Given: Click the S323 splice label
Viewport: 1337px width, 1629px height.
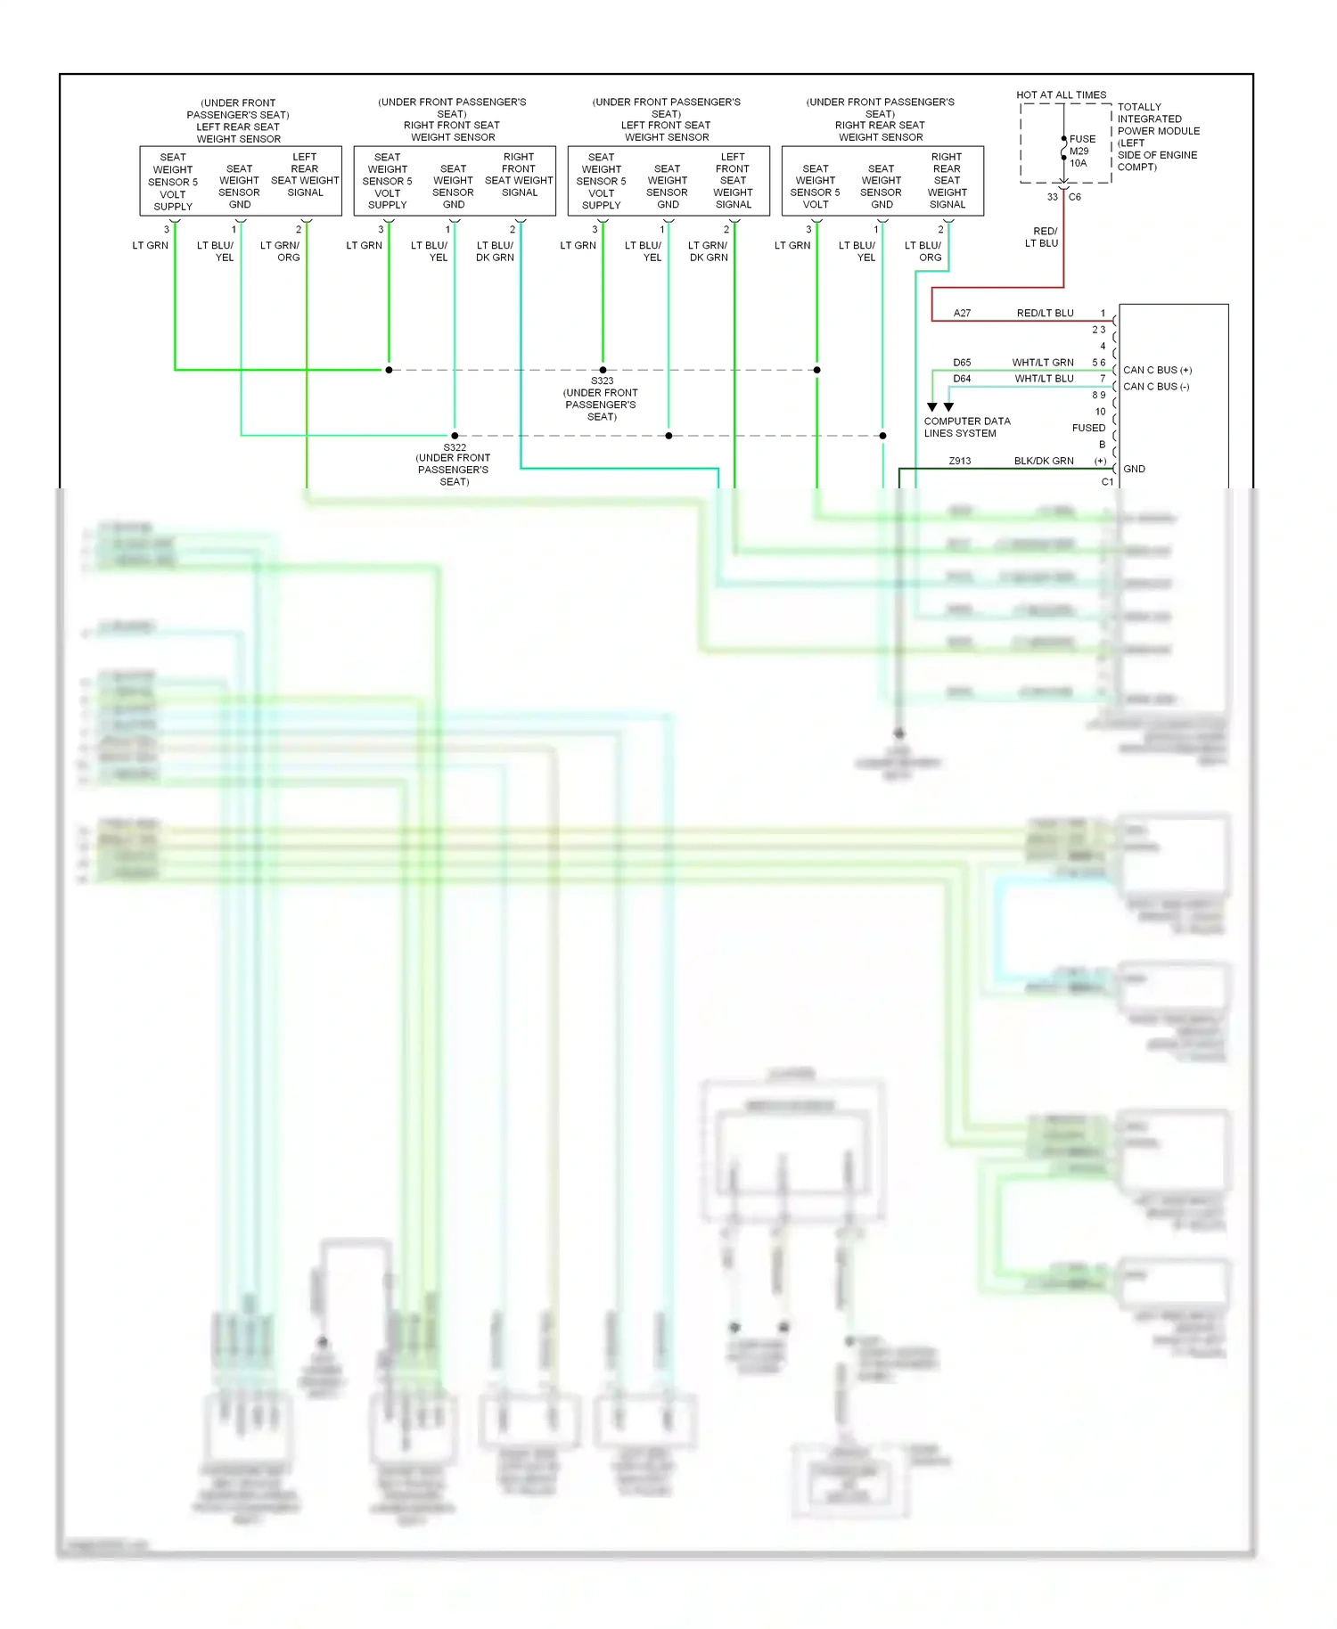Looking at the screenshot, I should pos(602,381).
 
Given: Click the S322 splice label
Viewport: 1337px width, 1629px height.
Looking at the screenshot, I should pos(455,448).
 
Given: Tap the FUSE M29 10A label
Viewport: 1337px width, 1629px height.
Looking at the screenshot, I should pos(1081,151).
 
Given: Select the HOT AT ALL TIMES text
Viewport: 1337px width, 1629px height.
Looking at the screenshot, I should pos(1061,94).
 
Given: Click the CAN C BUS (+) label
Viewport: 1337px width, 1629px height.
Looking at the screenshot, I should pos(1157,370).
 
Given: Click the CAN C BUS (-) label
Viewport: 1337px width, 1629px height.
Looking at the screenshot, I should pos(1156,387).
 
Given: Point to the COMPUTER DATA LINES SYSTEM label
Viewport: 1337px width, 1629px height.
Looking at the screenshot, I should pos(966,427).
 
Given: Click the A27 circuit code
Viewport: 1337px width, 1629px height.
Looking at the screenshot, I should pos(962,314).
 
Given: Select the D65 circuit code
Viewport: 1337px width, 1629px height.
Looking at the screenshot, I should pos(962,363).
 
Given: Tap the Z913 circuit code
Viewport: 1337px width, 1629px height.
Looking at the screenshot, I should pos(959,462).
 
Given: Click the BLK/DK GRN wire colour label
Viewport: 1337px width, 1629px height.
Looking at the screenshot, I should pos(1043,462).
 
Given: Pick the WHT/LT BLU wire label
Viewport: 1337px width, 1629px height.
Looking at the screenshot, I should pos(1044,379).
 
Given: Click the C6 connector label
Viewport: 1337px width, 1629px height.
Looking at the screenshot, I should pos(1075,197).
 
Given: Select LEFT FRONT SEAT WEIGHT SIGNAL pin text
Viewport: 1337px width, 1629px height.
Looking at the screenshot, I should pos(733,181).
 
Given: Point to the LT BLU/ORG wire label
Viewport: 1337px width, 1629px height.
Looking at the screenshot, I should pos(923,251).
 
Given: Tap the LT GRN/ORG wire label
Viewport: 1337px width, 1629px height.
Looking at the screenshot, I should pos(280,251).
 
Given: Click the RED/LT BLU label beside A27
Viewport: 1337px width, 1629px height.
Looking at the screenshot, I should pos(1045,314).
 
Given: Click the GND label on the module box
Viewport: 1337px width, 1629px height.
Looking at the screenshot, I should pos(1134,469).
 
